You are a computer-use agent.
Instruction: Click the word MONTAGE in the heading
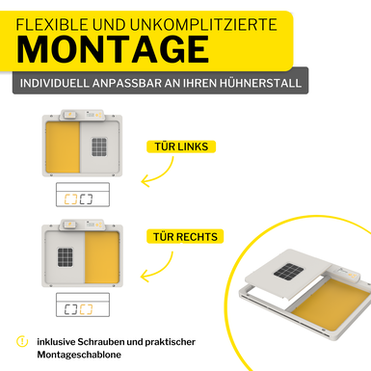coord(113,49)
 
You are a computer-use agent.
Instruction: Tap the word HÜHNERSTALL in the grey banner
coord(260,83)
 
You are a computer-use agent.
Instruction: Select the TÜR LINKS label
coord(181,146)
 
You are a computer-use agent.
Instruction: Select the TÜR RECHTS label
coord(185,237)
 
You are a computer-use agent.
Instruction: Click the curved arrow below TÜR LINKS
coord(164,175)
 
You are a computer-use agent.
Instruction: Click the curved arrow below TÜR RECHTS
coord(164,271)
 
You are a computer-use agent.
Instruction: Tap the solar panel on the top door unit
coord(99,146)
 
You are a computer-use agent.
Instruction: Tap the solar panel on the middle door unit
coord(66,257)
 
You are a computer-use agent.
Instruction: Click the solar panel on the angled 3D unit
coord(289,272)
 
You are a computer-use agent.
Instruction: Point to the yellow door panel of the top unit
coord(63,147)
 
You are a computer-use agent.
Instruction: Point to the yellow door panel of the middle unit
coord(102,257)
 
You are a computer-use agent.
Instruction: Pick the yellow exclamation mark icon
coord(22,341)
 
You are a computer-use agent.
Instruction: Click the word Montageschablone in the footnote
coord(79,355)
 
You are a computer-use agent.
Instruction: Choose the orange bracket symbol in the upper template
coord(70,199)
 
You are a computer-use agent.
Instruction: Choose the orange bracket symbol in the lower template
coord(86,309)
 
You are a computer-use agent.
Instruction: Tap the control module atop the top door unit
coord(82,115)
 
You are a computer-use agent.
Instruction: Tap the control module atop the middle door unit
coord(82,225)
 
